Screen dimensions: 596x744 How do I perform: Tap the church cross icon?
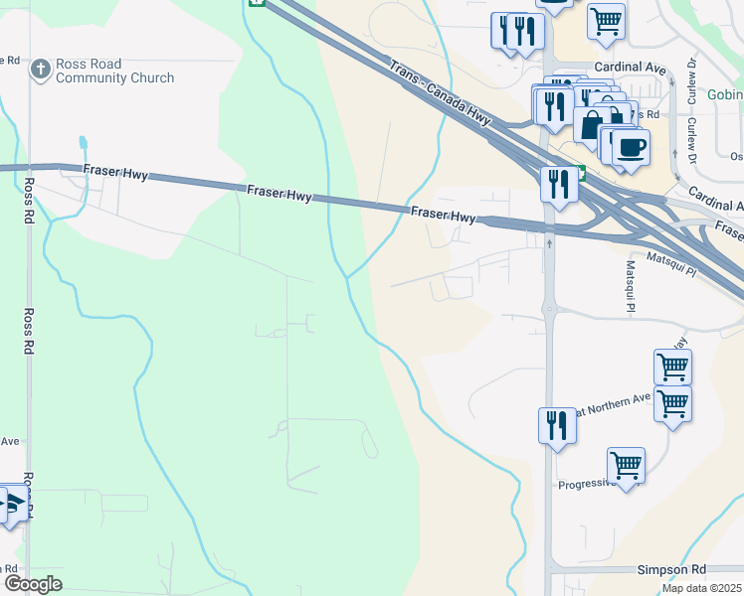pyautogui.click(x=40, y=70)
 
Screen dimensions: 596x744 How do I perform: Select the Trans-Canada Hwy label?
pyautogui.click(x=441, y=95)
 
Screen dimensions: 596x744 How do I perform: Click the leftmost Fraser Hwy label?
pyautogui.click(x=115, y=173)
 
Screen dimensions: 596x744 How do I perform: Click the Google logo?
pyautogui.click(x=33, y=584)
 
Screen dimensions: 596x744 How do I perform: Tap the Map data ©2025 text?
pyautogui.click(x=702, y=588)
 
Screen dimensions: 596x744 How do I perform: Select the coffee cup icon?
pyautogui.click(x=630, y=148)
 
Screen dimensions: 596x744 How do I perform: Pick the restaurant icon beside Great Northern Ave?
pyautogui.click(x=557, y=425)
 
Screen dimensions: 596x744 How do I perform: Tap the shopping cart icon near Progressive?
pyautogui.click(x=626, y=465)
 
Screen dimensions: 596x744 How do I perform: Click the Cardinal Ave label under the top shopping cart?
pyautogui.click(x=629, y=68)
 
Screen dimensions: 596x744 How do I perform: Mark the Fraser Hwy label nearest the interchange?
pyautogui.click(x=443, y=214)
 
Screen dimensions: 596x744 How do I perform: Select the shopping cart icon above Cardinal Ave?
pyautogui.click(x=606, y=20)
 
